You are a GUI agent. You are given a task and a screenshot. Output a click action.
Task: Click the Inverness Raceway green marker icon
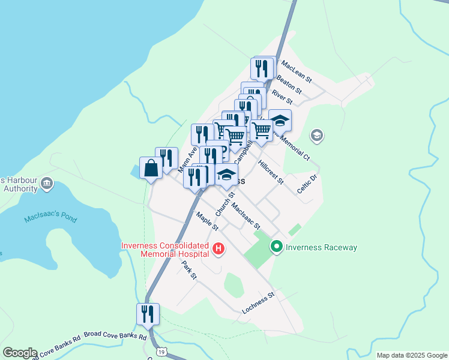[277, 247]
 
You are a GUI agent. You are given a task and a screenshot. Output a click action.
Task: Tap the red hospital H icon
[218, 248]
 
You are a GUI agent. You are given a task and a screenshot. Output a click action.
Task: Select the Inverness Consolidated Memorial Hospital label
[165, 250]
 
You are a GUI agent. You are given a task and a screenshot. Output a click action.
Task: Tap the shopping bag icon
[151, 168]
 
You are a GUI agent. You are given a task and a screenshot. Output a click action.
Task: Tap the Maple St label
[207, 221]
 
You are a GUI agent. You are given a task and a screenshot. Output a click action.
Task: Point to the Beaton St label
[288, 85]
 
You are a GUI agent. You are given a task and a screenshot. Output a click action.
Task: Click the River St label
[282, 96]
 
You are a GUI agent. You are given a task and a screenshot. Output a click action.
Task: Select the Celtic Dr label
[306, 184]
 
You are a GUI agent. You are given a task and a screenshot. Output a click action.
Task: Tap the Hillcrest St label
[270, 172]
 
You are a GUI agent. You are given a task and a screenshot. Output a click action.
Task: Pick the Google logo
[20, 353]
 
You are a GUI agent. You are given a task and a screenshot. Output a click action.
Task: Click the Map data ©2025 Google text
[411, 355]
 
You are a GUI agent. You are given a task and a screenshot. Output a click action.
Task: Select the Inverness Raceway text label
[321, 247]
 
